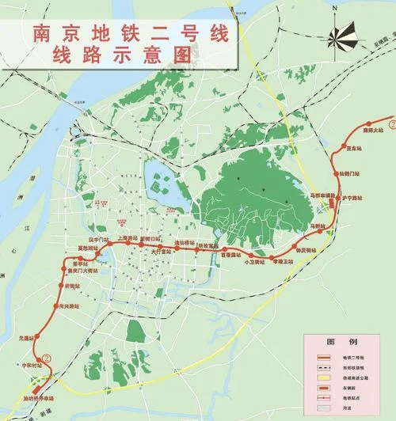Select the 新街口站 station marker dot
pos(141,245)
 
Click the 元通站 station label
pos(26,339)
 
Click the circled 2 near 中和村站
pos(46,358)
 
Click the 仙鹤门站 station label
pos(349,172)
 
